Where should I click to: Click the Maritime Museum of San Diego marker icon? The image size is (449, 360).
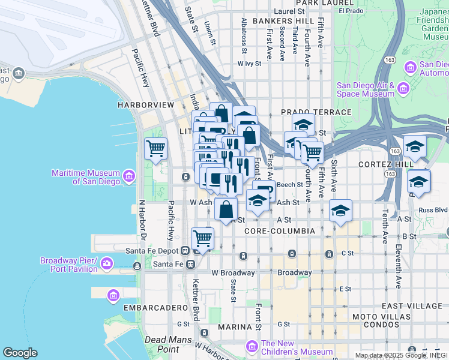pos(128,176)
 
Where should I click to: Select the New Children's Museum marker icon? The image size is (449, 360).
pos(253,347)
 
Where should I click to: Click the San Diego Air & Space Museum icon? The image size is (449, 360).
pos(403,89)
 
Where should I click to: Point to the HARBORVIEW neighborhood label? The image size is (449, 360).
pos(146,105)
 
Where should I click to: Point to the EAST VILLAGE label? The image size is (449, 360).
pos(411,306)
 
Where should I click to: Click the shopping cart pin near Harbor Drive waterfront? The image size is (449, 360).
pos(155,148)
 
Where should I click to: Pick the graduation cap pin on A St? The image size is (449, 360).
pos(340,211)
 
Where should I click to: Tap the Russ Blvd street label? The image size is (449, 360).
pos(433,211)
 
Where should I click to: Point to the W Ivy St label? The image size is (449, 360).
pos(250,63)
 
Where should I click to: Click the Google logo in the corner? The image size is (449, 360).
pos(20,353)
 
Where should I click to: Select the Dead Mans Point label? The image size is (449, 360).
pos(161,344)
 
